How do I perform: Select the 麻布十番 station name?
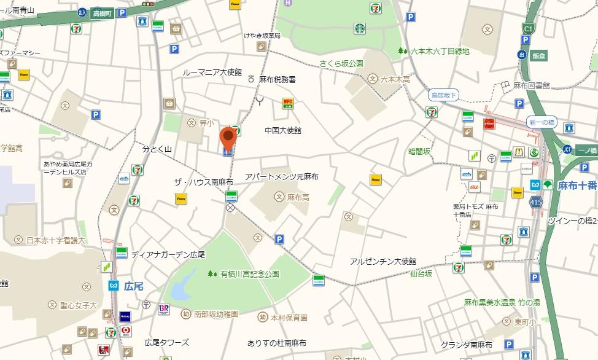pos(577,185)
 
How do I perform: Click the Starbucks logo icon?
pos(359,28)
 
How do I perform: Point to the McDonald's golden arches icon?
pos(518,152)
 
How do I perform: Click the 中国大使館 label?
pos(283,130)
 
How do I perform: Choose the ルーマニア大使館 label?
pos(212,72)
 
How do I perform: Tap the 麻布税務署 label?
pos(277,80)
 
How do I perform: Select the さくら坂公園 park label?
pos(341,63)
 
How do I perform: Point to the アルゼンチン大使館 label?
pos(383,261)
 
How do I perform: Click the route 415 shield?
pos(536,202)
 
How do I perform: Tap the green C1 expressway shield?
pos(527,28)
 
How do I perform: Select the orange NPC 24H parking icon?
pos(287,103)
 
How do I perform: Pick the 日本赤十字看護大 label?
pos(56,240)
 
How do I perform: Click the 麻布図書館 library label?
pos(532,85)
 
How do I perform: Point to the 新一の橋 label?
pos(542,122)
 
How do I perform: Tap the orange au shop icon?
pos(474,186)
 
